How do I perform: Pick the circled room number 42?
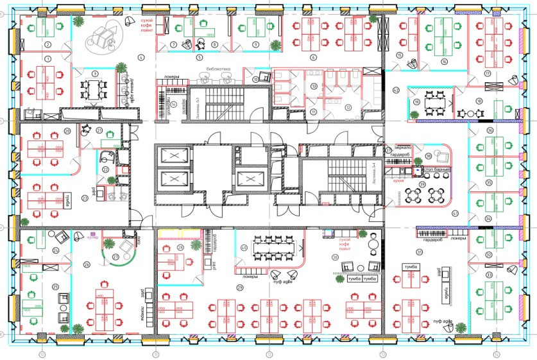(396, 89)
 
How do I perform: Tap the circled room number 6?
(314, 57)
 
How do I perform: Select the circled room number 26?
(87, 264)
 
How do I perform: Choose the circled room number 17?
(488, 74)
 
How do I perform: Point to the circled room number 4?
(140, 57)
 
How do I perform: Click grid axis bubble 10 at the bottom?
(42, 353)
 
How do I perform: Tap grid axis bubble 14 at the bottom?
(496, 353)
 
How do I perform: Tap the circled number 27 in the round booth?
(116, 257)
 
